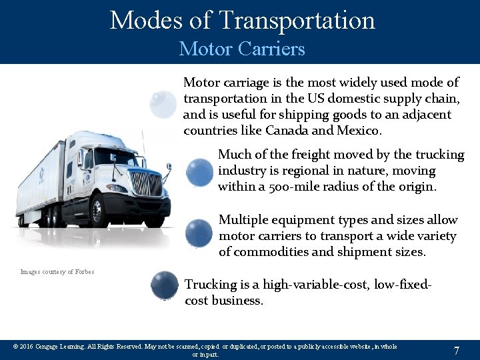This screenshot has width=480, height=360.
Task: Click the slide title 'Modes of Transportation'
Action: pyautogui.click(x=242, y=21)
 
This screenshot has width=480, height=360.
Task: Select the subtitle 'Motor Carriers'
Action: pyautogui.click(x=242, y=49)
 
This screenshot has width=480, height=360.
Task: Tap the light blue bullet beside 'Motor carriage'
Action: pyautogui.click(x=163, y=104)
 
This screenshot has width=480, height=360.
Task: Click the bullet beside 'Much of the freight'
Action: pyautogui.click(x=199, y=172)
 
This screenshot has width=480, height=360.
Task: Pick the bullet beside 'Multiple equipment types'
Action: pyautogui.click(x=199, y=233)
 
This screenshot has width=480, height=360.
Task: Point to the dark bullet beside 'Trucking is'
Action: pyautogui.click(x=165, y=285)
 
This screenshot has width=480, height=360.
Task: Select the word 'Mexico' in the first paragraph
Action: pyautogui.click(x=359, y=130)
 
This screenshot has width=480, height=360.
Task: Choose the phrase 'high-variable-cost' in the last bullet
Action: pyautogui.click(x=315, y=285)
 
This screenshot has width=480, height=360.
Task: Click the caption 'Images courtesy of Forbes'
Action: pyautogui.click(x=57, y=272)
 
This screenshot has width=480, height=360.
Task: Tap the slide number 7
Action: pyautogui.click(x=456, y=350)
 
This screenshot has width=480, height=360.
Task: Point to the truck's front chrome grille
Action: pyautogui.click(x=146, y=183)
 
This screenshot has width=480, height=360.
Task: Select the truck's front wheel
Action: pyautogui.click(x=99, y=212)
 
